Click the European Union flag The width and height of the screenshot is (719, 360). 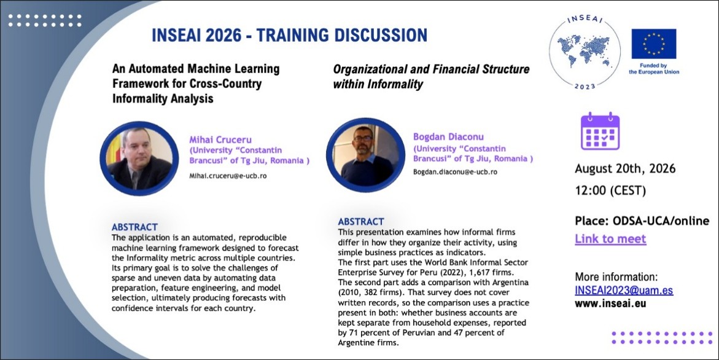[653, 44]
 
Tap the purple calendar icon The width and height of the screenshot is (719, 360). [600, 131]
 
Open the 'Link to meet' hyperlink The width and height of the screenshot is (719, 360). [610, 239]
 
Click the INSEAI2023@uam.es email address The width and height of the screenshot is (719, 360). [624, 291]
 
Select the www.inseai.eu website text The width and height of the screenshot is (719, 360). [610, 303]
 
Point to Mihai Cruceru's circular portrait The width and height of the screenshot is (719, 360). [139, 158]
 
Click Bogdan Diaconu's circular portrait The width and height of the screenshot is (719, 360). [365, 155]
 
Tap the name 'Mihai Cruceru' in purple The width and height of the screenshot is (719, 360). [220, 139]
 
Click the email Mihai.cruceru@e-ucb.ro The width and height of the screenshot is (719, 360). [228, 176]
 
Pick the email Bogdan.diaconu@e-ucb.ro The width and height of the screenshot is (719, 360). [456, 172]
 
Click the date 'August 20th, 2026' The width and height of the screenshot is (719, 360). [625, 168]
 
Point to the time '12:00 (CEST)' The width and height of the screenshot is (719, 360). [610, 190]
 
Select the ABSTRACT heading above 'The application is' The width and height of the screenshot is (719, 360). [134, 227]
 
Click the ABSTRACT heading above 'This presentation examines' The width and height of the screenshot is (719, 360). [361, 222]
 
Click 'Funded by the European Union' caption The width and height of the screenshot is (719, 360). [654, 69]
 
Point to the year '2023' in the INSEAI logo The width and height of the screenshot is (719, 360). [585, 86]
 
